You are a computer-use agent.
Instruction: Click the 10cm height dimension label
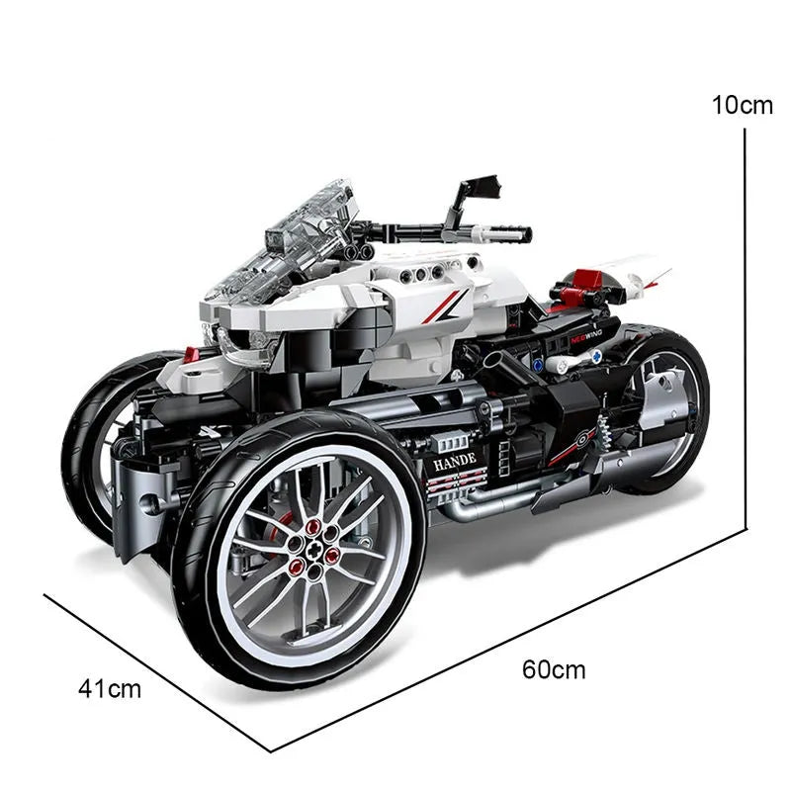click(x=742, y=105)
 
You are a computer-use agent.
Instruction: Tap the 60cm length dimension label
click(x=554, y=669)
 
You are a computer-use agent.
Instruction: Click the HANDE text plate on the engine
click(x=453, y=458)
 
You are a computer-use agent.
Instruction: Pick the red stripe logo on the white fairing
click(x=443, y=307)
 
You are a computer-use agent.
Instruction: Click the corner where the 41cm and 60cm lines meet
click(x=270, y=750)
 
